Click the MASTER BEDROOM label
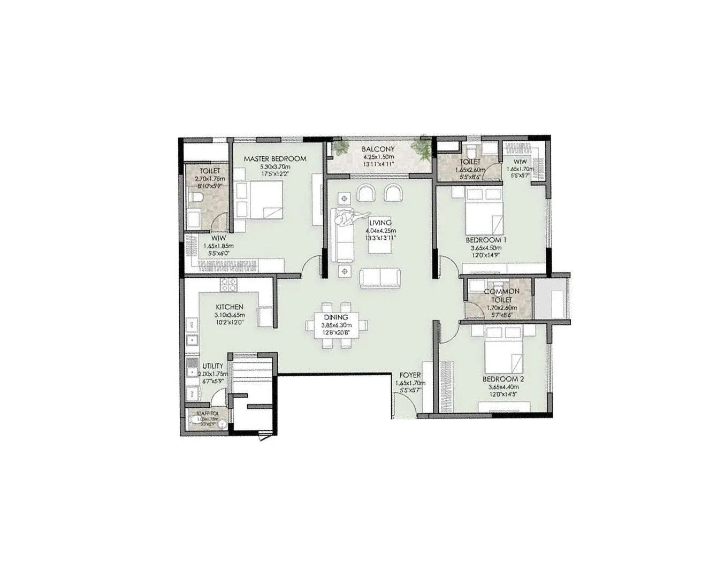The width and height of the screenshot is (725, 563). click(x=274, y=159)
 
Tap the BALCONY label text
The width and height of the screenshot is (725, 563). click(x=378, y=149)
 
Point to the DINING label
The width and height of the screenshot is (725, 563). click(x=335, y=317)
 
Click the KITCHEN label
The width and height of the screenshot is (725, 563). click(x=230, y=307)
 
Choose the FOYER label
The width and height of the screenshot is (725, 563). click(x=410, y=376)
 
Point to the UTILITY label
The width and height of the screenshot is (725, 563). click(x=212, y=367)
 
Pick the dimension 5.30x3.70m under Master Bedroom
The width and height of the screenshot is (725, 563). click(x=274, y=166)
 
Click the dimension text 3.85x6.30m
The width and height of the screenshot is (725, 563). click(x=335, y=325)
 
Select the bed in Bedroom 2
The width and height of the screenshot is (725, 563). click(x=503, y=356)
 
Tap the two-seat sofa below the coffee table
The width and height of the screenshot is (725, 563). click(x=380, y=277)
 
